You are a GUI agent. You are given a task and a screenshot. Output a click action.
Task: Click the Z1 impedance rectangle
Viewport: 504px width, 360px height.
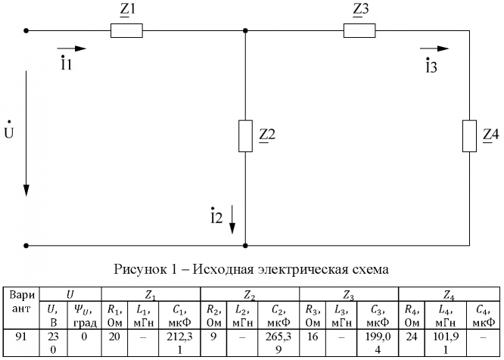tap(126, 31)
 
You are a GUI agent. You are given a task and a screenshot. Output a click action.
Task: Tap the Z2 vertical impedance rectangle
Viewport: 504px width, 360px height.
tap(245, 135)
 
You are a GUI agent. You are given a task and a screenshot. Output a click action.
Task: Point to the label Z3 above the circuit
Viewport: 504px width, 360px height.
tap(361, 10)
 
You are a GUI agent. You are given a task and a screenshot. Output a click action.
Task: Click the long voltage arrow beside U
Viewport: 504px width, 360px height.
tap(27, 132)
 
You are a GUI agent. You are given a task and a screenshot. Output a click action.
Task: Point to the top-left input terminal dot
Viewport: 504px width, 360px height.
tap(27, 31)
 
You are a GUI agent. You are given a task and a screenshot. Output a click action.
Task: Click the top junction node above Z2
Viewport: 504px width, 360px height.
tap(245, 31)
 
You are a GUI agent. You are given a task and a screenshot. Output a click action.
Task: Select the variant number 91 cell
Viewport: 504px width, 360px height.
tap(20, 336)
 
